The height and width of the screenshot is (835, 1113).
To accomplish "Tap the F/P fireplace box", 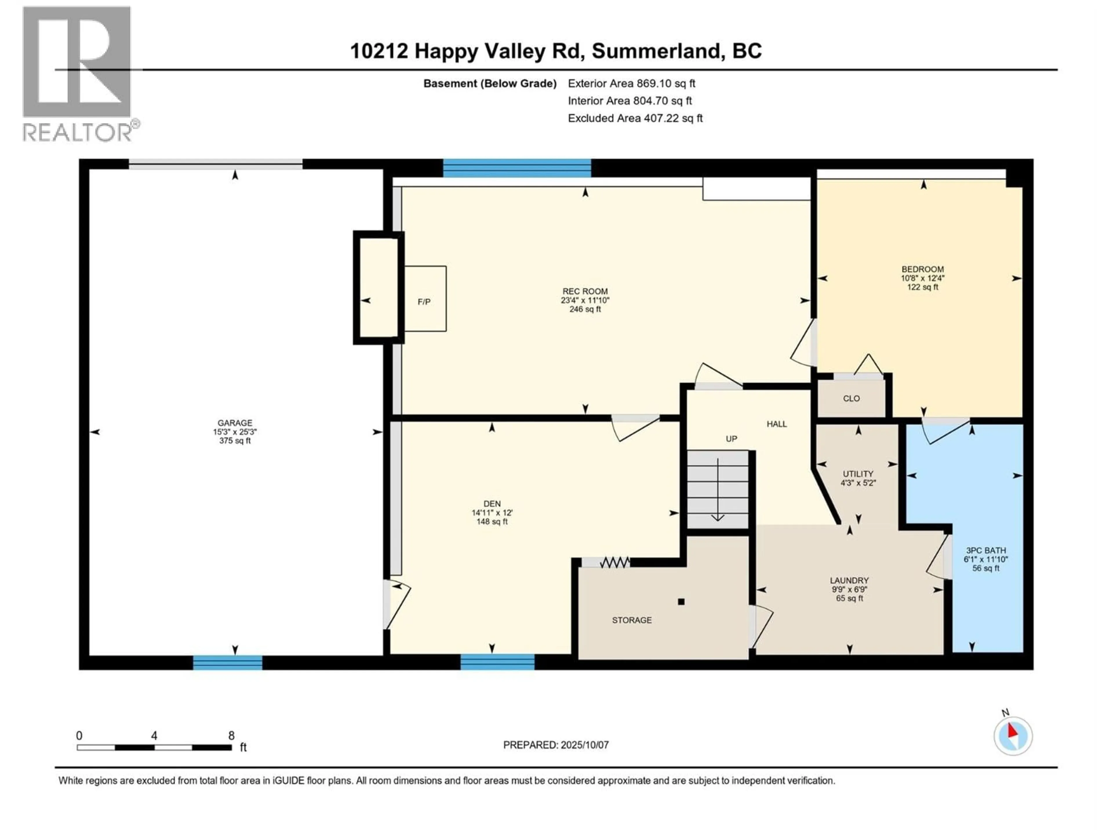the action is (425, 298).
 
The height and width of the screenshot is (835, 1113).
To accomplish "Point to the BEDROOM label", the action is (923, 269).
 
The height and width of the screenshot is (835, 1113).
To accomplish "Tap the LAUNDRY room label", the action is (849, 580).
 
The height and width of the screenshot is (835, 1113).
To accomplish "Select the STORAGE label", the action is (632, 620).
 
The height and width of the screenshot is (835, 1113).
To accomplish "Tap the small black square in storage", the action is (681, 602).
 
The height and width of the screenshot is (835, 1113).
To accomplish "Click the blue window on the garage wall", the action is (228, 662).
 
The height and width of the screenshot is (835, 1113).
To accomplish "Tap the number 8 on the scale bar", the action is (232, 735).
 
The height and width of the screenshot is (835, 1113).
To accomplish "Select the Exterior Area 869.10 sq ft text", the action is (632, 83).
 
